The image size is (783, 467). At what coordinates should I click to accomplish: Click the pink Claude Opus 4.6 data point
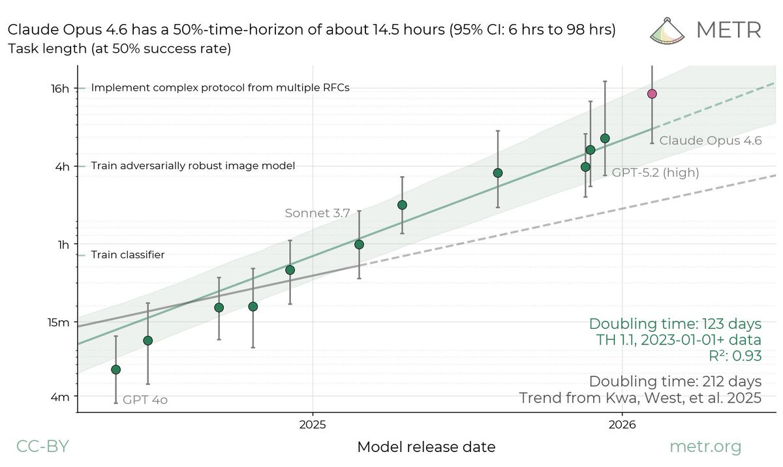[651, 94]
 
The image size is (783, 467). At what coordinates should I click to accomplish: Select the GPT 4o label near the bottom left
[145, 400]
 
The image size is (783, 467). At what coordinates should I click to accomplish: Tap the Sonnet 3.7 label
[318, 213]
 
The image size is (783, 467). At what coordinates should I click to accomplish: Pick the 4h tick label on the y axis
[61, 166]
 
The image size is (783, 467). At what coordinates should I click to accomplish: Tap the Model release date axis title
[426, 447]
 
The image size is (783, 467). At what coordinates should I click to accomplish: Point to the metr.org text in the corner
[706, 447]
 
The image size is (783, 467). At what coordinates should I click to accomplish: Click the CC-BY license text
[42, 447]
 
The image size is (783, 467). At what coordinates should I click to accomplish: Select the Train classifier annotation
[127, 255]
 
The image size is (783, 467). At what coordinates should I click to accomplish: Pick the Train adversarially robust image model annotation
[193, 166]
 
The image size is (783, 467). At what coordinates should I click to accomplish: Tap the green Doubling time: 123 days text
[675, 324]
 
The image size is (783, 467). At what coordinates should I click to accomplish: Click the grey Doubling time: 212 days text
[675, 381]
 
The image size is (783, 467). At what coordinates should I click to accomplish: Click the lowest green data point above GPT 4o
[116, 370]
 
